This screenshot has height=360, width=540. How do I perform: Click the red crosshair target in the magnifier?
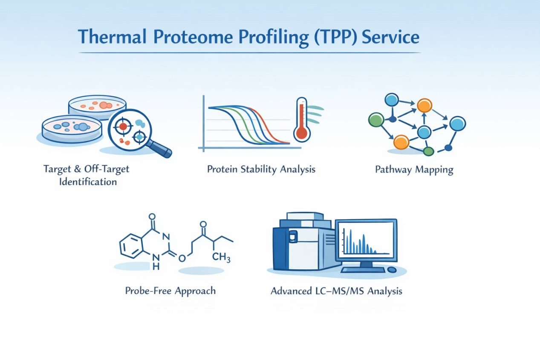(x=124, y=127)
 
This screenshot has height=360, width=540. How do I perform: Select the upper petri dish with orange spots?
(x=98, y=107)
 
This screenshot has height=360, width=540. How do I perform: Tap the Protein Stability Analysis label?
(x=261, y=169)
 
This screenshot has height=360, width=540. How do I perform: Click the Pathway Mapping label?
(x=414, y=170)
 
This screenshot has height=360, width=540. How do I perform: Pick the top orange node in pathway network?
(x=424, y=105)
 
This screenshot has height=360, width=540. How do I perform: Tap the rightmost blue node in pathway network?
(x=458, y=123)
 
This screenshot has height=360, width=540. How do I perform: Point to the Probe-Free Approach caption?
(x=170, y=291)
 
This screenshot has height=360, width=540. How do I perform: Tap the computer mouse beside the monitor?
(x=391, y=270)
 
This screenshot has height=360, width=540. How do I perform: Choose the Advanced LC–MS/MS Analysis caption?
(x=336, y=291)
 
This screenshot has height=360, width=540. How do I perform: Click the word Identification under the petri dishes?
(x=88, y=181)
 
